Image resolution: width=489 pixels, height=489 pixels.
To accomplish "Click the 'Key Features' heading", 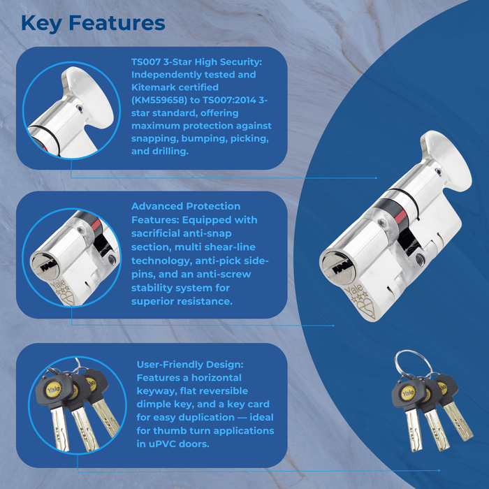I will click(x=93, y=22).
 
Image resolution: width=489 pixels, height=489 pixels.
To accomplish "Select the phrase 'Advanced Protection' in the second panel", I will click(x=186, y=206).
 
